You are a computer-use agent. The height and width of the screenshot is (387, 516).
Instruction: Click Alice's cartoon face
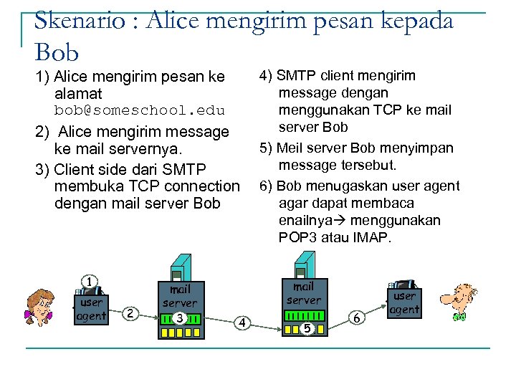pyautogui.click(x=40, y=307)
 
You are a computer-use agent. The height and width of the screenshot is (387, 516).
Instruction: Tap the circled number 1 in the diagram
pyautogui.click(x=89, y=282)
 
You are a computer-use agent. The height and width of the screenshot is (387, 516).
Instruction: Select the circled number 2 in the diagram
pyautogui.click(x=130, y=312)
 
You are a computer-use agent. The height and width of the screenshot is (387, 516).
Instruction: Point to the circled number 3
pyautogui.click(x=180, y=317)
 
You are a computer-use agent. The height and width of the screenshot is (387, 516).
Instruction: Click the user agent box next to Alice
pyautogui.click(x=92, y=309)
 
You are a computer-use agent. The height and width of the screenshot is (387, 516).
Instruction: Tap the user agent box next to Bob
pyautogui.click(x=404, y=302)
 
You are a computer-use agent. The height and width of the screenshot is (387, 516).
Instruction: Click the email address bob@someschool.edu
pyautogui.click(x=140, y=110)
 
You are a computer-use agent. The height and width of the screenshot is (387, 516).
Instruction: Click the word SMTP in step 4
pyautogui.click(x=295, y=76)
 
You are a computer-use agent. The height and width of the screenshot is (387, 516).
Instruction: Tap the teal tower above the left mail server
pyautogui.click(x=181, y=267)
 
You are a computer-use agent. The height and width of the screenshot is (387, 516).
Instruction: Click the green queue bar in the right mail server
pyautogui.click(x=304, y=316)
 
